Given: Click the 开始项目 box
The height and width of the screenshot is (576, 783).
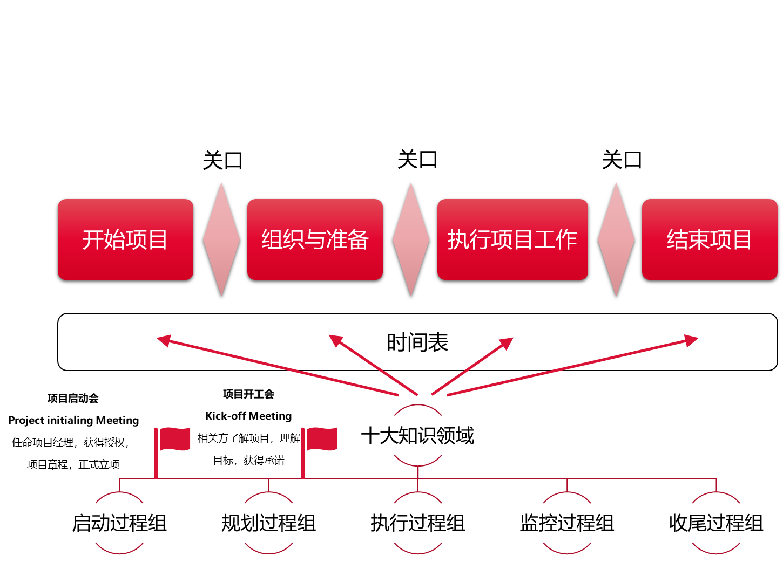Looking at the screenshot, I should [x=125, y=239].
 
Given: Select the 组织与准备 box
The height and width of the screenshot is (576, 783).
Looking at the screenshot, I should [x=315, y=239].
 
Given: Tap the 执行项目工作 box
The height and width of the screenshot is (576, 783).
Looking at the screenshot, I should [x=512, y=239].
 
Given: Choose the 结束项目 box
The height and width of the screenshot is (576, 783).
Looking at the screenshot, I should [x=709, y=239].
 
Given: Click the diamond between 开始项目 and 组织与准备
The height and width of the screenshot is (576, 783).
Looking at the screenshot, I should [x=221, y=239].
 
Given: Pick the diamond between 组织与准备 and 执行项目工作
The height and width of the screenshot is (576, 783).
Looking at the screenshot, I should [x=411, y=239].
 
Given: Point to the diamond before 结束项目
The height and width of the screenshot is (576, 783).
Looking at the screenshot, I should [x=616, y=239].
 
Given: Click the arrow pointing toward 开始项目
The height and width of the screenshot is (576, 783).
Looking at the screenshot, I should [x=277, y=367].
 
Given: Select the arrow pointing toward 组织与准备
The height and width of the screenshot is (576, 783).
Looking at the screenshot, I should [x=373, y=365].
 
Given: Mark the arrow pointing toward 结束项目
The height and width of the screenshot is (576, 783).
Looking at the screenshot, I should [x=572, y=367].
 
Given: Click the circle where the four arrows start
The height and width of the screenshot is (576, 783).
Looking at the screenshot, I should [x=418, y=435].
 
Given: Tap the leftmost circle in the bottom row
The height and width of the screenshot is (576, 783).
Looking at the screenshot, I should [x=119, y=523].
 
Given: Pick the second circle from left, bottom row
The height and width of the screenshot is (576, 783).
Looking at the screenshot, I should [x=269, y=523].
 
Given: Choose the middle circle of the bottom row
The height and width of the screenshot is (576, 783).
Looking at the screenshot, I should [x=418, y=523].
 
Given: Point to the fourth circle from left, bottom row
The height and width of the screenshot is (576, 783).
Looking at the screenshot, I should [x=567, y=523].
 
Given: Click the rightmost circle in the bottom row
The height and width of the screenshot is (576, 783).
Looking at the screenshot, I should [x=716, y=523].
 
